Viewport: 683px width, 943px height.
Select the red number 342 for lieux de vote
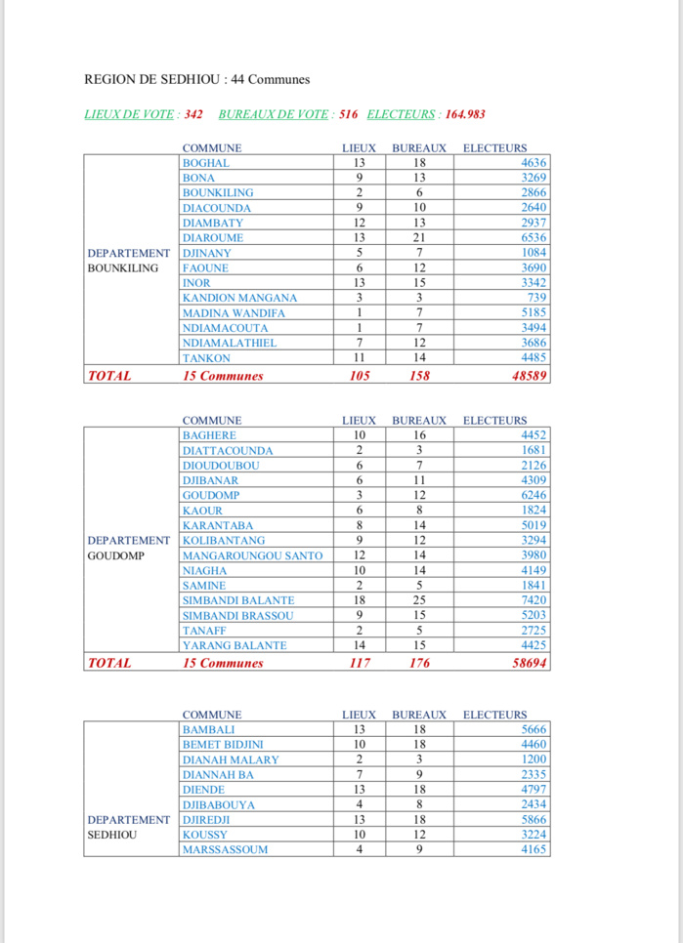coord(192,114)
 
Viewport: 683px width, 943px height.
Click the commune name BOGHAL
coord(206,163)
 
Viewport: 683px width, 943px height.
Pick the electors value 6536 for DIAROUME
coord(534,237)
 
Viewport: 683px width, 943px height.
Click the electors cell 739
coord(536,298)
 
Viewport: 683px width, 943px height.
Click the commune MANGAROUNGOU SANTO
coord(252,555)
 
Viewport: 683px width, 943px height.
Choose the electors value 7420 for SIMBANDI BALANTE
coord(534,600)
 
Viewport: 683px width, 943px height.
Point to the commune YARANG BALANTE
coord(235,645)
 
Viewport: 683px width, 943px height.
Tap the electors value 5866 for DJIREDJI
coord(534,820)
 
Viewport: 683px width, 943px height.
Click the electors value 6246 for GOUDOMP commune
coord(534,495)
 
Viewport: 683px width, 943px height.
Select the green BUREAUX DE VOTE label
coord(274,114)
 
